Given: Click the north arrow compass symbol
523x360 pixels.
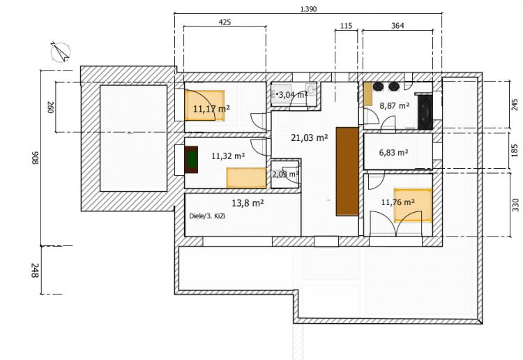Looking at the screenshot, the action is coord(61,52).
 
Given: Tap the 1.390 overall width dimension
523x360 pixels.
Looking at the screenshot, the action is coord(308,8).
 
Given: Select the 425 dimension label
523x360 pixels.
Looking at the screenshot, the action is coord(225,22).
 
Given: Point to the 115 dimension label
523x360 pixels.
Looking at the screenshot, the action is coord(346,25).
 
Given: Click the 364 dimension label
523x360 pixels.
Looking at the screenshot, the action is coord(397,25).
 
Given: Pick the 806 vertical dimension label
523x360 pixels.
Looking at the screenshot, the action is coord(35,158).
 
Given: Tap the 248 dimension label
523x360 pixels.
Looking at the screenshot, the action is coord(35,270).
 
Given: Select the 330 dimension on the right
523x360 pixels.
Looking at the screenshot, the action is coord(515,204).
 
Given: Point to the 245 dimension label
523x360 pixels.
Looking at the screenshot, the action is coord(515,105).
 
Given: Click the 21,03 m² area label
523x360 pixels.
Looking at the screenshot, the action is coord(309,137).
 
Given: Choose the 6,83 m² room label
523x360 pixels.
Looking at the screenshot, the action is coord(393,153).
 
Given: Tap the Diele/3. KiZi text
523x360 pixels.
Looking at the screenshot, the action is coord(207,216).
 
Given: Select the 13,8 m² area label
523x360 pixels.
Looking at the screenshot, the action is coord(248,202).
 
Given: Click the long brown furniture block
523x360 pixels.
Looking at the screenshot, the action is coord(347,171).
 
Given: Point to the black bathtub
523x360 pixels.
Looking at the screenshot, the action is coord(425,110).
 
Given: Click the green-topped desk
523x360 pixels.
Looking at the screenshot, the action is coord(191,160).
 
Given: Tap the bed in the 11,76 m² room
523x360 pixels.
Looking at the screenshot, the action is coord(413,205).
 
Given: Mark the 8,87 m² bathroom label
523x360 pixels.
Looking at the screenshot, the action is coord(395,106).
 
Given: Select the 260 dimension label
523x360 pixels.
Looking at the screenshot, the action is coord(50,107).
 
